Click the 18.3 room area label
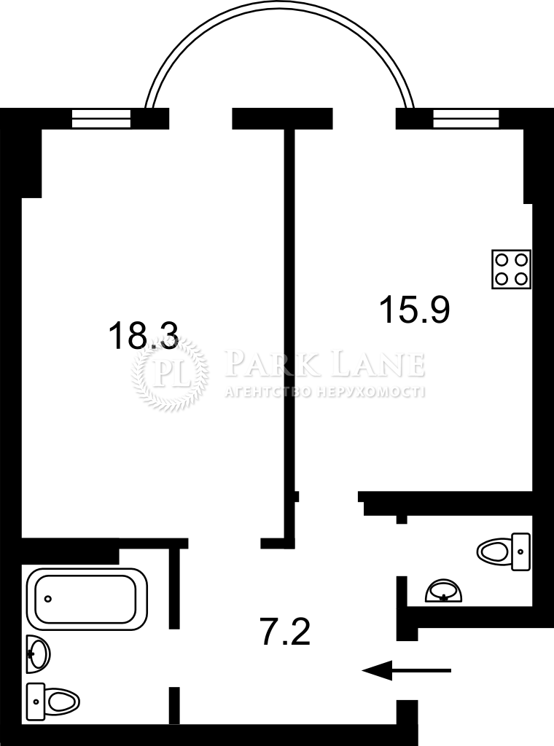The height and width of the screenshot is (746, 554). pyautogui.click(x=144, y=335)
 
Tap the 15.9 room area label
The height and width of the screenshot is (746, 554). pyautogui.click(x=414, y=309)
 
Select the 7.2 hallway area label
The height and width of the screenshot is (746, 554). pyautogui.click(x=286, y=630)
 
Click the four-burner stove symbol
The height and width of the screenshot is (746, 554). pyautogui.click(x=511, y=270)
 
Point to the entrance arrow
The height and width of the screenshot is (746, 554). pyautogui.click(x=407, y=670)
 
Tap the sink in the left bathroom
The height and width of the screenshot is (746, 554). pyautogui.click(x=38, y=653)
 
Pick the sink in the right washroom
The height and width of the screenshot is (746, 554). pyautogui.click(x=444, y=591)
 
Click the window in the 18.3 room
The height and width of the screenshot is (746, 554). pyautogui.click(x=101, y=119)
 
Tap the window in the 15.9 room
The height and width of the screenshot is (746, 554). pyautogui.click(x=466, y=119)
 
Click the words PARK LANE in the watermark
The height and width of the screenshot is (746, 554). pyautogui.click(x=324, y=364)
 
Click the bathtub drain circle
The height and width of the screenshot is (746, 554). pyautogui.click(x=48, y=599)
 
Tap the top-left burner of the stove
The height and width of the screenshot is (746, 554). pyautogui.click(x=502, y=260)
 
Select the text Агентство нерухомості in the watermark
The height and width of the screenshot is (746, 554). pyautogui.click(x=324, y=391)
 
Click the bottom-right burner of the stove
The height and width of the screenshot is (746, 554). pyautogui.click(x=521, y=278)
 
